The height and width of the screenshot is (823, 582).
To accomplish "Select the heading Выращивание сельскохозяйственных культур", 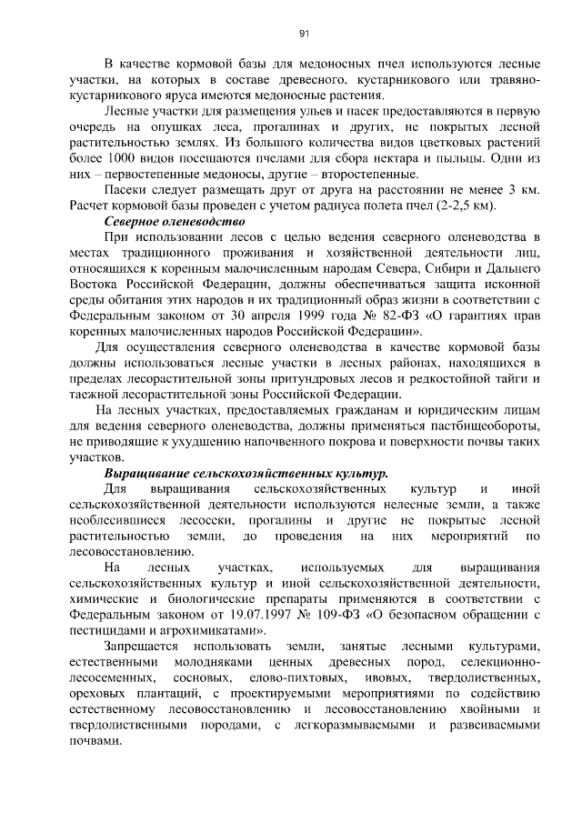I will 246,474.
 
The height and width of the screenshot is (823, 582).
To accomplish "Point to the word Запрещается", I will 143,647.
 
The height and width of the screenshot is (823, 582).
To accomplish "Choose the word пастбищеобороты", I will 481,427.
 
